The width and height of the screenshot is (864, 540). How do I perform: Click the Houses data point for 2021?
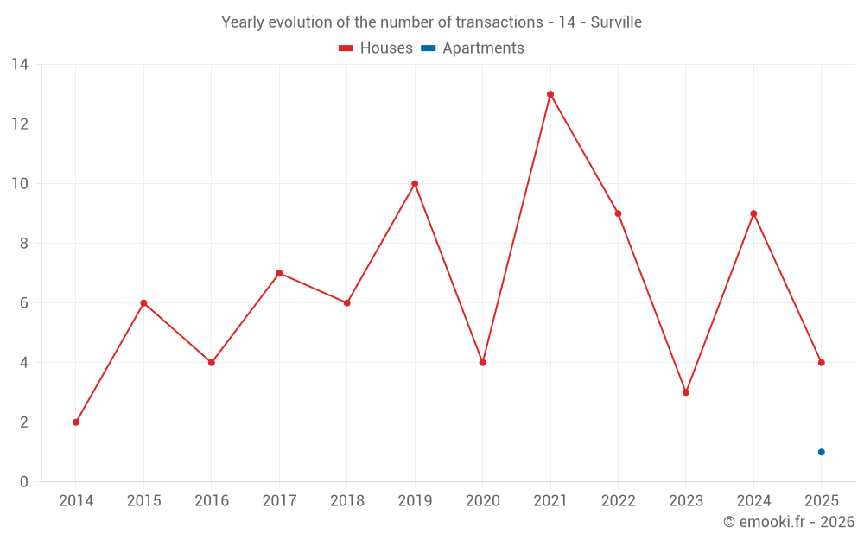(x=550, y=94)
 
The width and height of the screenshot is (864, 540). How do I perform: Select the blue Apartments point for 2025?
(x=821, y=452)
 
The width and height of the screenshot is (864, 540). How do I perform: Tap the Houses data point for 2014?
(x=76, y=422)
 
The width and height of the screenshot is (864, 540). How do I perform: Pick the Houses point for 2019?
(x=415, y=184)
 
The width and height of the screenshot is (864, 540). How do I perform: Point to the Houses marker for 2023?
(x=686, y=392)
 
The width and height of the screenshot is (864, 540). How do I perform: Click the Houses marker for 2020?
(x=482, y=363)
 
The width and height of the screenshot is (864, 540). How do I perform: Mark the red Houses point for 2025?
(x=821, y=363)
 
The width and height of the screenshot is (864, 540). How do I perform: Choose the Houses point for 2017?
(x=279, y=273)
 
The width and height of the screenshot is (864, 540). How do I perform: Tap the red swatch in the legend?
(x=346, y=48)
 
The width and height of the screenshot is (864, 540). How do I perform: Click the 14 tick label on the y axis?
(x=19, y=65)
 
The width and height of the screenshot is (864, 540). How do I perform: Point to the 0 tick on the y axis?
(x=23, y=482)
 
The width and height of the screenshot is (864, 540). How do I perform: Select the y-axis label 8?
(x=23, y=244)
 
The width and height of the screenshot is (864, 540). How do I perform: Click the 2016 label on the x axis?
(x=212, y=501)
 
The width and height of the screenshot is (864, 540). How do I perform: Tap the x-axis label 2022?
(x=618, y=501)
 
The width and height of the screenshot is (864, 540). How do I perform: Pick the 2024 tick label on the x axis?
(x=753, y=501)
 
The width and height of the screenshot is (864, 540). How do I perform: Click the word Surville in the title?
(x=616, y=22)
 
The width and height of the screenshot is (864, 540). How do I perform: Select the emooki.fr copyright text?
(x=788, y=522)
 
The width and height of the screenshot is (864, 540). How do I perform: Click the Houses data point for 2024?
(x=753, y=213)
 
